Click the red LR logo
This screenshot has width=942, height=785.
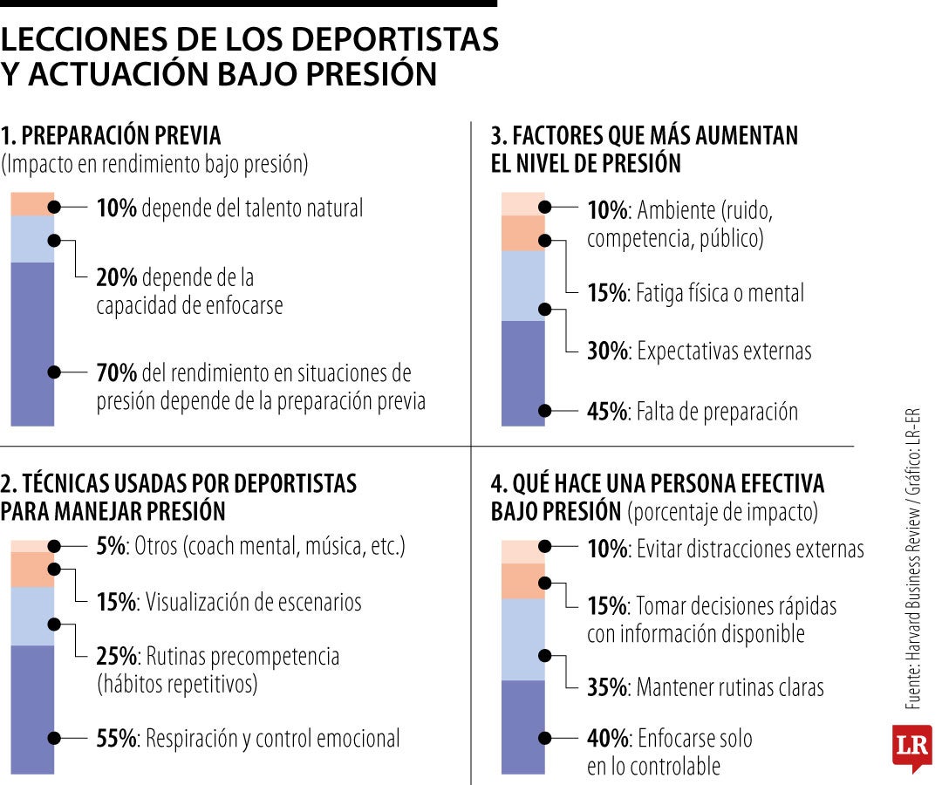(911, 747)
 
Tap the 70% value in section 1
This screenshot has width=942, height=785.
(116, 372)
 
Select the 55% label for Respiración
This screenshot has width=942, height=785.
(116, 739)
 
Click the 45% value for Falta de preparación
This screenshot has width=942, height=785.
(607, 412)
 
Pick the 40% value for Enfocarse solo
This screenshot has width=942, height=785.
(607, 739)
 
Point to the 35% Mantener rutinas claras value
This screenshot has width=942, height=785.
(607, 687)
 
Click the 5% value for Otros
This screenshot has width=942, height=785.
(112, 548)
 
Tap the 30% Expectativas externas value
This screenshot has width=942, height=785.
(607, 352)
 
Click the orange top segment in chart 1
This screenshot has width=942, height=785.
(32, 203)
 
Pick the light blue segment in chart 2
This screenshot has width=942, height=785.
(32, 616)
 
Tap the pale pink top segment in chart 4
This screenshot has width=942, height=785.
(522, 551)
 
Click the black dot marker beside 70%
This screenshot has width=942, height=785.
(54, 372)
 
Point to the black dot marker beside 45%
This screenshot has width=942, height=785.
(545, 410)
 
